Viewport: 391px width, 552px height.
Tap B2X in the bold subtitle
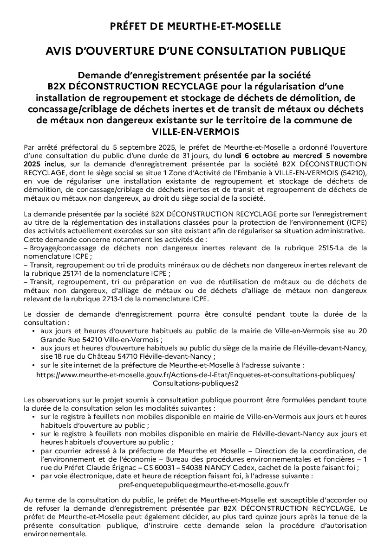click(57, 87)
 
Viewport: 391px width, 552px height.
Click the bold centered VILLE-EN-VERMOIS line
click(195, 131)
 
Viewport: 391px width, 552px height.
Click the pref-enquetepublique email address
click(204, 485)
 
